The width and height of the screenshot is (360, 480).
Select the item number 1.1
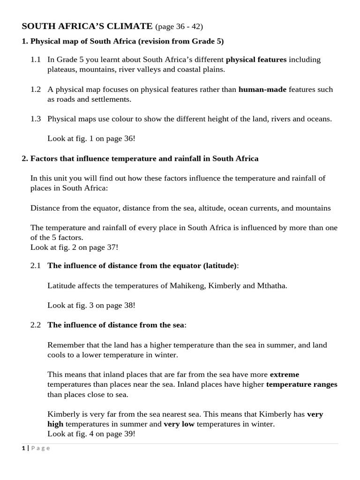pyautogui.click(x=36, y=60)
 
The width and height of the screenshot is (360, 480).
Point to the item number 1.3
pyautogui.click(x=36, y=119)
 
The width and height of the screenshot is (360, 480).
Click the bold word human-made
pyautogui.click(x=262, y=89)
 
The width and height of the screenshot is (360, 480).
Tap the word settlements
pyautogui.click(x=112, y=99)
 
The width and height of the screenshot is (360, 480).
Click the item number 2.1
pyautogui.click(x=36, y=265)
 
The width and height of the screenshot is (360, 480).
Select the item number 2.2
pyautogui.click(x=36, y=324)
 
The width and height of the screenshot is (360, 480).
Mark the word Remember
pyautogui.click(x=64, y=345)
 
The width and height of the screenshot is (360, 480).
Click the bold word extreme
pyautogui.click(x=284, y=374)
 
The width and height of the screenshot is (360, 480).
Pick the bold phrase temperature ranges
pyautogui.click(x=301, y=384)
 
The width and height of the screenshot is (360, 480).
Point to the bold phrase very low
pyautogui.click(x=179, y=424)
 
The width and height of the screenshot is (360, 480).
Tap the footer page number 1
pyautogui.click(x=23, y=448)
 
